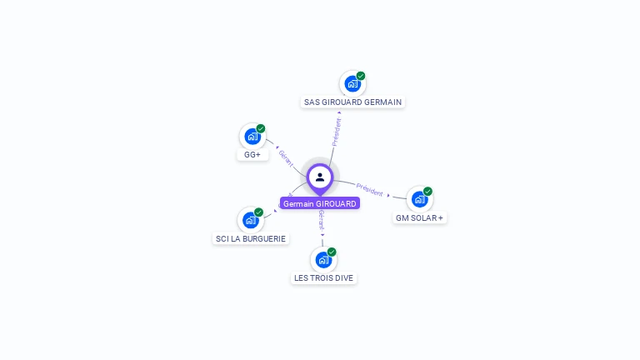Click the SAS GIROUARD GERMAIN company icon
pos(352,84)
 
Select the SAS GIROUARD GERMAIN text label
pos(352,102)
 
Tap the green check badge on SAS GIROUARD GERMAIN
pos(361,76)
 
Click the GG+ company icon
pos(252,137)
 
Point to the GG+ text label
pos(252,155)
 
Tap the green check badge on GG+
pos(261,128)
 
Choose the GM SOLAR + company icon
pos(419,199)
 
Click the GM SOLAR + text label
pos(420,217)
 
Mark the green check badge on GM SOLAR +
pos(427,191)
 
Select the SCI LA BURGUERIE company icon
pos(250,220)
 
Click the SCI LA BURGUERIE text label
pos(251,238)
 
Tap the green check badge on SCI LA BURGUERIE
pos(258,212)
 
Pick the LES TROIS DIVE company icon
pos(323,260)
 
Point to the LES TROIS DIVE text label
pos(323,278)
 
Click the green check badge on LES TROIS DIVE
pos(332,252)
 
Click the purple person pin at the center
pos(320,177)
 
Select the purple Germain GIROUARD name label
pos(320,203)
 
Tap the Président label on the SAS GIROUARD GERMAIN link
pos(337,132)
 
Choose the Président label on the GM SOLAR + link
pos(369,189)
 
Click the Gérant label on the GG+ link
pos(285,159)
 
